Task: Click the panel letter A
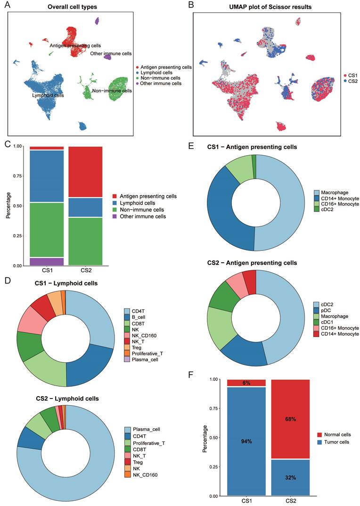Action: click(8, 6)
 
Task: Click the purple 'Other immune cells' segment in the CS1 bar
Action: click(47, 261)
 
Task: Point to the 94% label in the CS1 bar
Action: click(246, 441)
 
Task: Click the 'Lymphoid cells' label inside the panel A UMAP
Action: click(48, 95)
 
